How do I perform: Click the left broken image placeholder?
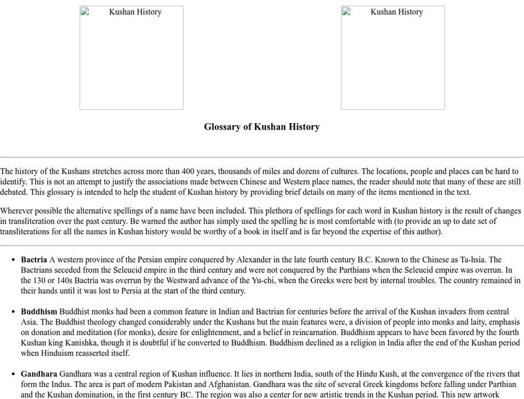131,57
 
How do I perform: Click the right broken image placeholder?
392,57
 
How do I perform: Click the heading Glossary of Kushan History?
261,126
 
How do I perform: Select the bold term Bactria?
34,259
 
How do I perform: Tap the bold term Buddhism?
39,311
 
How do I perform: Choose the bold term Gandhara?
39,373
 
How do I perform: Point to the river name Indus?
57,384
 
